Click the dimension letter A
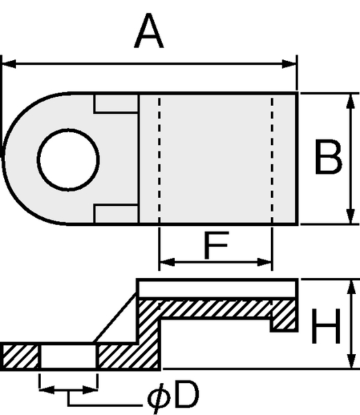[149, 31]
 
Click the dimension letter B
[328, 157]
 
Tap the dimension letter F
[216, 245]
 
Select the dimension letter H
[326, 326]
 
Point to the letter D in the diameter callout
[187, 394]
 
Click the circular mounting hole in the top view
[68, 160]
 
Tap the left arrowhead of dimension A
[9, 64]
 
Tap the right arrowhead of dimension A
[290, 64]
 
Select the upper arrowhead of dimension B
[350, 101]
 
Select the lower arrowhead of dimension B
[350, 216]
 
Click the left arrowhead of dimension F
[167, 262]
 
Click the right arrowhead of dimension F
[265, 262]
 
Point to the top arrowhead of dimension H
[351, 287]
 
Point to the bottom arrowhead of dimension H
[351, 360]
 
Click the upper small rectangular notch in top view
[116, 103]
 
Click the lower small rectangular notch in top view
[116, 214]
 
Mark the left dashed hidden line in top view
[159, 159]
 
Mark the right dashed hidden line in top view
[272, 159]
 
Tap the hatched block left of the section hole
[20, 356]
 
